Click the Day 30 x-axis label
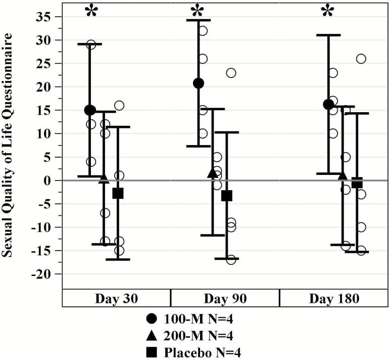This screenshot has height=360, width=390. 116,298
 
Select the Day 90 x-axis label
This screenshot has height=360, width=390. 225,298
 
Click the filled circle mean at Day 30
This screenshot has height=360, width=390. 90,110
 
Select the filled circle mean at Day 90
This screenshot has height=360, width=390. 199,83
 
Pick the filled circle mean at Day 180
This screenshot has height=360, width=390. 328,105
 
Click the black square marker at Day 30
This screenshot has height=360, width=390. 118,193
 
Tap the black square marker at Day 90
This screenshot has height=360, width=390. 226,196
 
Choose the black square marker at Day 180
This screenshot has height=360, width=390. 357,183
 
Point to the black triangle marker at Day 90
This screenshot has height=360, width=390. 212,173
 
